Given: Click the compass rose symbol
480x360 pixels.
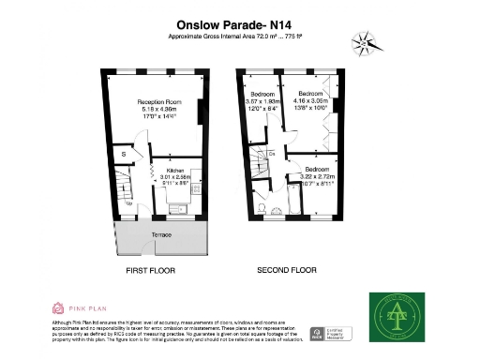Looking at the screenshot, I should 363,42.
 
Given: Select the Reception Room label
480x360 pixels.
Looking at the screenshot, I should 158,100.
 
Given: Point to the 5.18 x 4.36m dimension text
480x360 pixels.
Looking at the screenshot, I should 158,108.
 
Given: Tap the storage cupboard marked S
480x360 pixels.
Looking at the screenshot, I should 123,153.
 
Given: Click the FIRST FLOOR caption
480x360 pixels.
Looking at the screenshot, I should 151,271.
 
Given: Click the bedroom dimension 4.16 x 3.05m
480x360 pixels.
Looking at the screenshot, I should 313,101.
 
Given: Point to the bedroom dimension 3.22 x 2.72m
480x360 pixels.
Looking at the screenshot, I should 317,176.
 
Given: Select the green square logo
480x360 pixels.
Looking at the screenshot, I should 394,316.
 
